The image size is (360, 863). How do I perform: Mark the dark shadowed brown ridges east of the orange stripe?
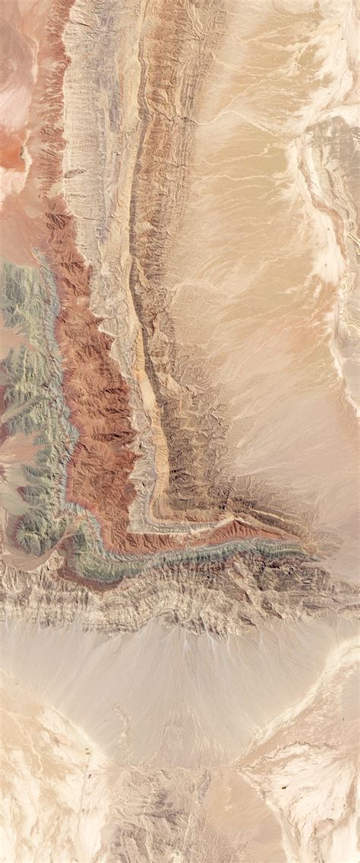(190, 441)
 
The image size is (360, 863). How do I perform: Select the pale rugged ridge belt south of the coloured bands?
(175, 600)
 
